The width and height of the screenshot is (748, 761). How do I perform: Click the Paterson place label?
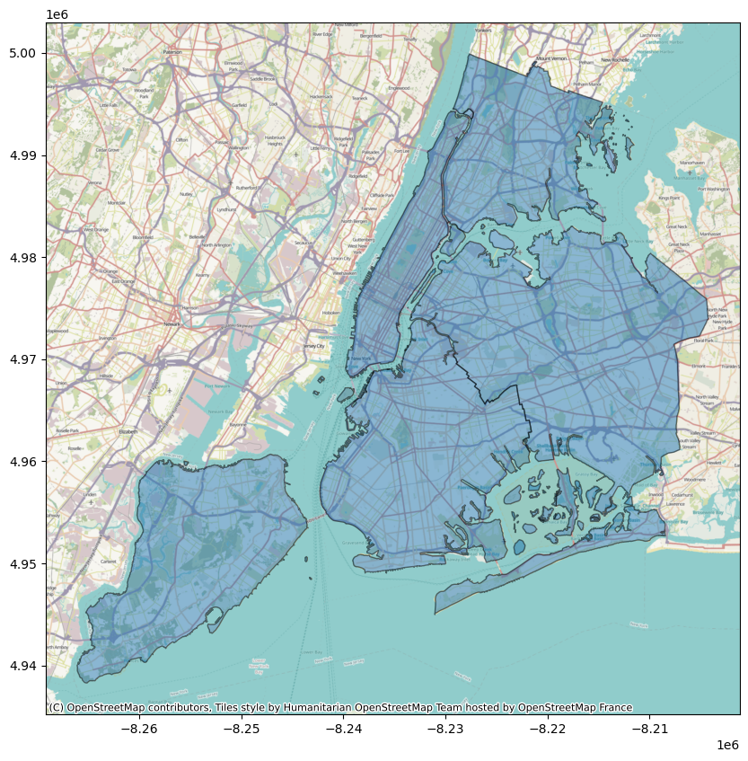pyautogui.click(x=172, y=53)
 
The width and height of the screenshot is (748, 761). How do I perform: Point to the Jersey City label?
pyautogui.click(x=313, y=346)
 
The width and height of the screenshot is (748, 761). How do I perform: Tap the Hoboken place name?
pyautogui.click(x=331, y=313)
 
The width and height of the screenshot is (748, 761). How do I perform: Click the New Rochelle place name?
pyautogui.click(x=615, y=59)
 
